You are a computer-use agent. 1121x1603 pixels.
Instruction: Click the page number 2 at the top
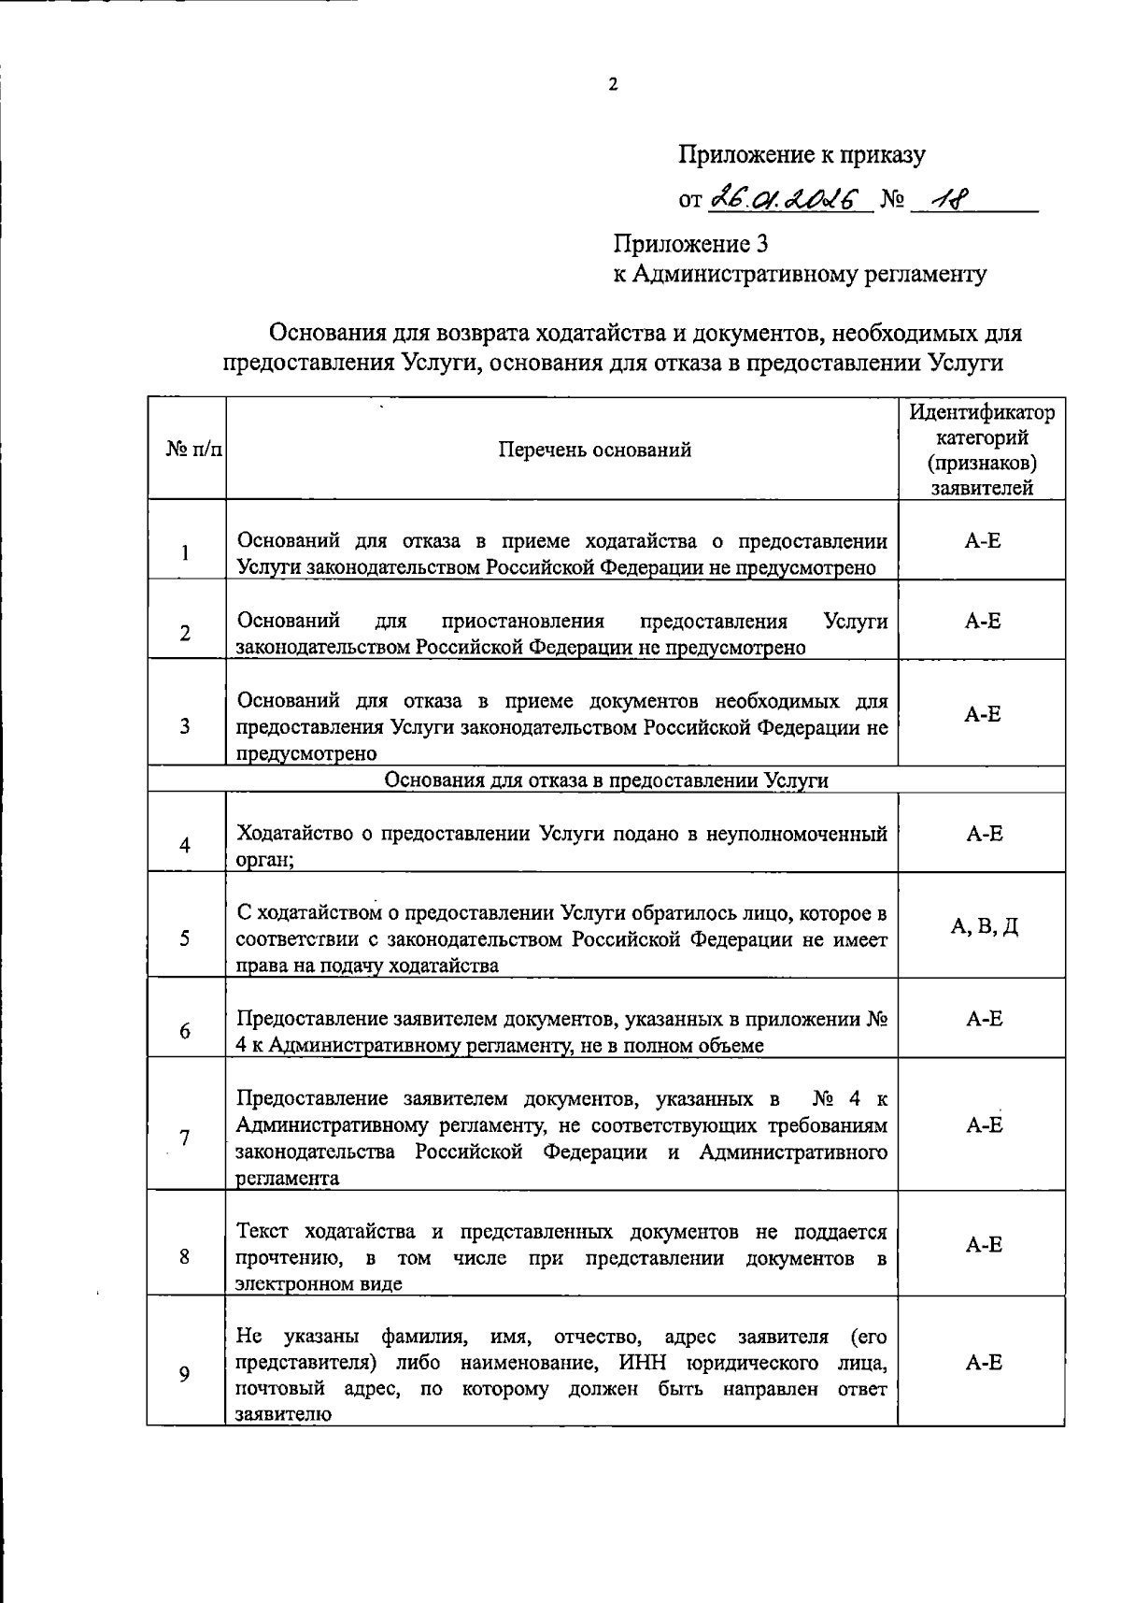point(613,85)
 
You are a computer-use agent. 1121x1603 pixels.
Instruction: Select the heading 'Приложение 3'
point(690,244)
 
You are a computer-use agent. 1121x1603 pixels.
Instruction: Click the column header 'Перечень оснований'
point(594,450)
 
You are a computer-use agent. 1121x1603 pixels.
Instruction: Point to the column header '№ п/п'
point(194,450)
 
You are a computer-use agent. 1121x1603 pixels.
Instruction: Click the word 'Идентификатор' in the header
point(982,412)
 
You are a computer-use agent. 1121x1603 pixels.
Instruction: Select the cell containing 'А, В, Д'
point(984,926)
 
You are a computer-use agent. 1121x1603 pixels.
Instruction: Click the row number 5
point(185,937)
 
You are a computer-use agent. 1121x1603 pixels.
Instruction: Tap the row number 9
point(185,1374)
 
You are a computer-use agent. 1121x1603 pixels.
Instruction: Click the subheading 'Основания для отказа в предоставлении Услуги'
point(607,780)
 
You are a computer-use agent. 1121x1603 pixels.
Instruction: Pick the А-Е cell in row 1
point(983,540)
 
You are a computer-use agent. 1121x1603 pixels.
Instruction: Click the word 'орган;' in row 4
point(265,860)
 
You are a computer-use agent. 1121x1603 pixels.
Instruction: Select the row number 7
point(185,1138)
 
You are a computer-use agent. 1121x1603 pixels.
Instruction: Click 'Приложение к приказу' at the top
point(801,155)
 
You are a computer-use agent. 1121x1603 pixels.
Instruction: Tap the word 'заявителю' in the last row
point(283,1414)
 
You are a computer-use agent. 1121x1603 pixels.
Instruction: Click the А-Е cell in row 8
point(984,1244)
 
